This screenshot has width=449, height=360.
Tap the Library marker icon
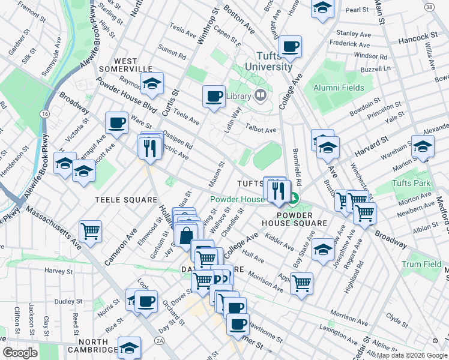pos(260,95)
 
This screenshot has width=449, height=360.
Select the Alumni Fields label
pos(339,88)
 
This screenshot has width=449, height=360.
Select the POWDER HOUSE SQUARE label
pos(302,218)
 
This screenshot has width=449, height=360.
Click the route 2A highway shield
pos(159,340)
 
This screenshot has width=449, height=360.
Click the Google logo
pos(20,352)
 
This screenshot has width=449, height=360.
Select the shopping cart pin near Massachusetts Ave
pos(90,230)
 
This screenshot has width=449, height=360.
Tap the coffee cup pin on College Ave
pos(291,46)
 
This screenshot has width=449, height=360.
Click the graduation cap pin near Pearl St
pos(322,7)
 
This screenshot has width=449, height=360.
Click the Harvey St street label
pos(58,271)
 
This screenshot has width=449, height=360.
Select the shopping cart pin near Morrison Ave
pos(301,282)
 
